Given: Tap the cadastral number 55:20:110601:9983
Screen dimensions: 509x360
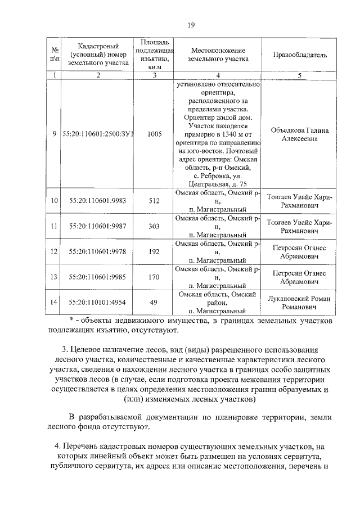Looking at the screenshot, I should (x=98, y=201).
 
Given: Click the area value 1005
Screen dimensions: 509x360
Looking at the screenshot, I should (x=154, y=134).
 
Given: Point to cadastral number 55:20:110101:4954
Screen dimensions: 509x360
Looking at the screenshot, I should (x=98, y=303).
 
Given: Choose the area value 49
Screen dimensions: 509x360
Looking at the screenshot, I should (x=154, y=303).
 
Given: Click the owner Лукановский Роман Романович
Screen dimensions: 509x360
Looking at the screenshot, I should (x=300, y=303).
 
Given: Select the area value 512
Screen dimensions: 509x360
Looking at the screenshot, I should (x=154, y=201).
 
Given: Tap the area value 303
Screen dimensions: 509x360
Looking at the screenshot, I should (x=154, y=226).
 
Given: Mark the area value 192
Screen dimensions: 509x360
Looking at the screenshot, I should (x=154, y=251).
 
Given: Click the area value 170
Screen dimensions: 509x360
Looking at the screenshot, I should (x=154, y=277).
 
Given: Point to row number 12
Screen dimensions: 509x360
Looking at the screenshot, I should (x=55, y=251).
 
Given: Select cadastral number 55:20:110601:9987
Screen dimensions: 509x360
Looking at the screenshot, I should (x=98, y=226).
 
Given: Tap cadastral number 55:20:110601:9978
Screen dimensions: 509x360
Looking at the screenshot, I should (x=98, y=251).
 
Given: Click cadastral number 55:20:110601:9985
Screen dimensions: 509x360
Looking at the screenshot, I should (x=98, y=277).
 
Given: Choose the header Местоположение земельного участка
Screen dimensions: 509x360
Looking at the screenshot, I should (x=218, y=55).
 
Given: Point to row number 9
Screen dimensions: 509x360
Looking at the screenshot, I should (x=55, y=134).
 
